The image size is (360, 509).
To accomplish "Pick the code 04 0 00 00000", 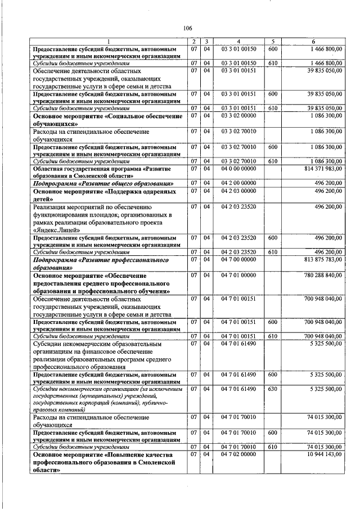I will point(238,168).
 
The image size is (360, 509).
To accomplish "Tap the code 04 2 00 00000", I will point(238,183).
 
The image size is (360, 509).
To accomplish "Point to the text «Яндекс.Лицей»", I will point(54,230).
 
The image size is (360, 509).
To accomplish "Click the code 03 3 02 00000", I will point(238,116).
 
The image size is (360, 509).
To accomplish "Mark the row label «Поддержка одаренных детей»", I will point(107,195).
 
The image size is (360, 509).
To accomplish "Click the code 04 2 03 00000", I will point(238,191).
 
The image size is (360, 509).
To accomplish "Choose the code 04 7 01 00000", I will point(238,276).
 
